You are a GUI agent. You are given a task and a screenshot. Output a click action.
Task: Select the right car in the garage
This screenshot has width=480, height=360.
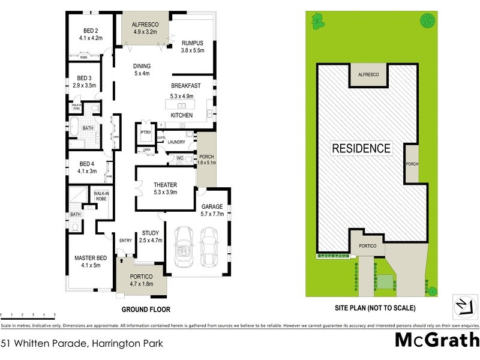click(211, 247)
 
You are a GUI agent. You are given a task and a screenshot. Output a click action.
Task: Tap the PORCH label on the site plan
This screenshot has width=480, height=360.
click(412, 164)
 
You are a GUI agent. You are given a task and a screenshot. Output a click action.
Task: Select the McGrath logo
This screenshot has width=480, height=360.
click(436, 340)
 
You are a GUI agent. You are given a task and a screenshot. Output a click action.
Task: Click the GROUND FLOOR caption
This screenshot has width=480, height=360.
click(146, 310)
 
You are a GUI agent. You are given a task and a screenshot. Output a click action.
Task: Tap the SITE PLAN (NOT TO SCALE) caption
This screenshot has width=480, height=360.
click(375, 308)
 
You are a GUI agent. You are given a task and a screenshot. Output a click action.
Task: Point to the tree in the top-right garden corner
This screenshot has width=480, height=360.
click(428, 20)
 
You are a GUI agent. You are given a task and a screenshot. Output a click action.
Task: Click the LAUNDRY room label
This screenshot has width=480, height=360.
click(176, 142)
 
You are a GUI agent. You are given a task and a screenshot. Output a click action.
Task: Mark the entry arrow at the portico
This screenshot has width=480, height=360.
click(122, 260)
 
